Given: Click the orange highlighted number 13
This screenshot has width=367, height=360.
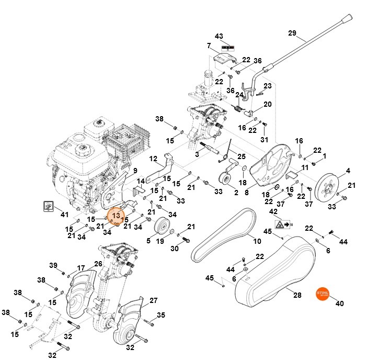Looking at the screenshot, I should click(x=116, y=216).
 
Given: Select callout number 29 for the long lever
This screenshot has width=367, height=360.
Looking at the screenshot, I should click(x=292, y=33).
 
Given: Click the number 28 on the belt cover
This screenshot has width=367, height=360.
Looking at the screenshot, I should click(x=297, y=295).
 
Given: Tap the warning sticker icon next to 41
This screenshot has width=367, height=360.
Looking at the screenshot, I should click(x=49, y=206).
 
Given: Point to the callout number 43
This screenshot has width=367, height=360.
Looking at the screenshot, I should click(x=219, y=36).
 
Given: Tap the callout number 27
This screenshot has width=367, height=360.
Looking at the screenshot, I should click(x=153, y=300).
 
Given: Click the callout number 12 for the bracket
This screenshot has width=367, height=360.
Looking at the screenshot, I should click(x=153, y=158).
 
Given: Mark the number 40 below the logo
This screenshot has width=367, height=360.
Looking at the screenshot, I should click(x=339, y=303).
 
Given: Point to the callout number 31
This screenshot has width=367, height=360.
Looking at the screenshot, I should click(x=264, y=140).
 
